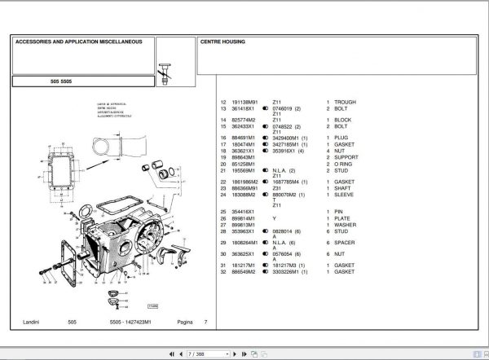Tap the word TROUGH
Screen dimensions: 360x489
(345, 103)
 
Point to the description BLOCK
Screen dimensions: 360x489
(342, 120)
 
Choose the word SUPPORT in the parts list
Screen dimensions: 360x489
(346, 158)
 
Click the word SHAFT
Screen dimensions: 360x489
(342, 187)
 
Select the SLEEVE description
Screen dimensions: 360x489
(344, 194)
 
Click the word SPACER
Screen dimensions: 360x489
(345, 242)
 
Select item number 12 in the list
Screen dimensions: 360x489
(223, 103)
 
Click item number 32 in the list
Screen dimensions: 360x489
(223, 270)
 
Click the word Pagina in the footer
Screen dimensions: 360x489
(185, 323)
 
